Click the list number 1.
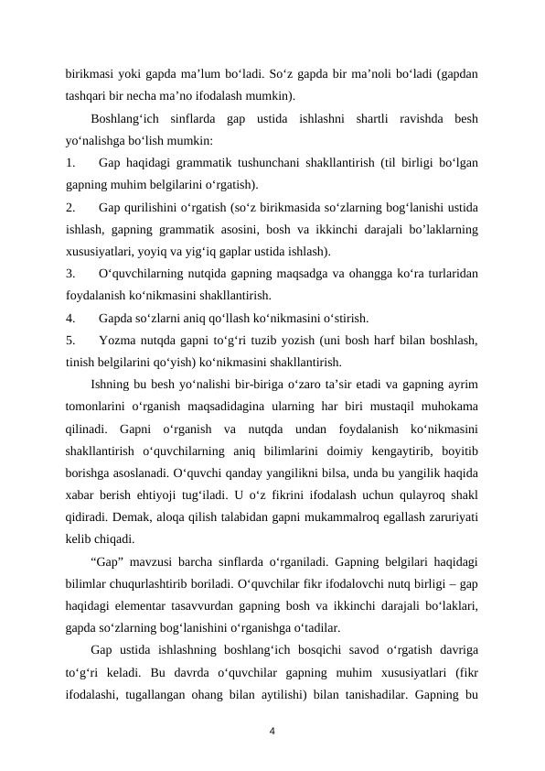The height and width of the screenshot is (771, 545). [69, 164]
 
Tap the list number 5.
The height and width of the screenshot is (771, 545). [69, 340]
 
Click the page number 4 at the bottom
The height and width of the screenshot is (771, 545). [272, 731]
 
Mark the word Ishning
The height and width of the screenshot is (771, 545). [112, 383]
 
